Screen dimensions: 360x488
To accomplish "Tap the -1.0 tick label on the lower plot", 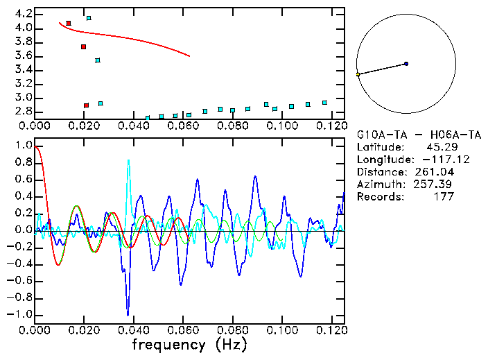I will [21, 314].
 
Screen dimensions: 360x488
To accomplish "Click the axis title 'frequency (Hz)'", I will [189, 344].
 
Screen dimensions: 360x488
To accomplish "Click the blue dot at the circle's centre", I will [406, 64].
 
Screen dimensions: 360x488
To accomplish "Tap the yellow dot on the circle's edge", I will [358, 74].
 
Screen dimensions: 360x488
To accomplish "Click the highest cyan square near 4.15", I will [89, 18].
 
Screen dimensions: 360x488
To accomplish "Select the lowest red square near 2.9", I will [86, 105].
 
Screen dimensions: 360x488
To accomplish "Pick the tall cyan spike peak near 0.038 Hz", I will [128, 160].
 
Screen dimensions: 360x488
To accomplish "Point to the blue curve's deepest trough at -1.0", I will [128, 314].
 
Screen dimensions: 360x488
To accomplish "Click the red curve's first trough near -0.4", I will [59, 265].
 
